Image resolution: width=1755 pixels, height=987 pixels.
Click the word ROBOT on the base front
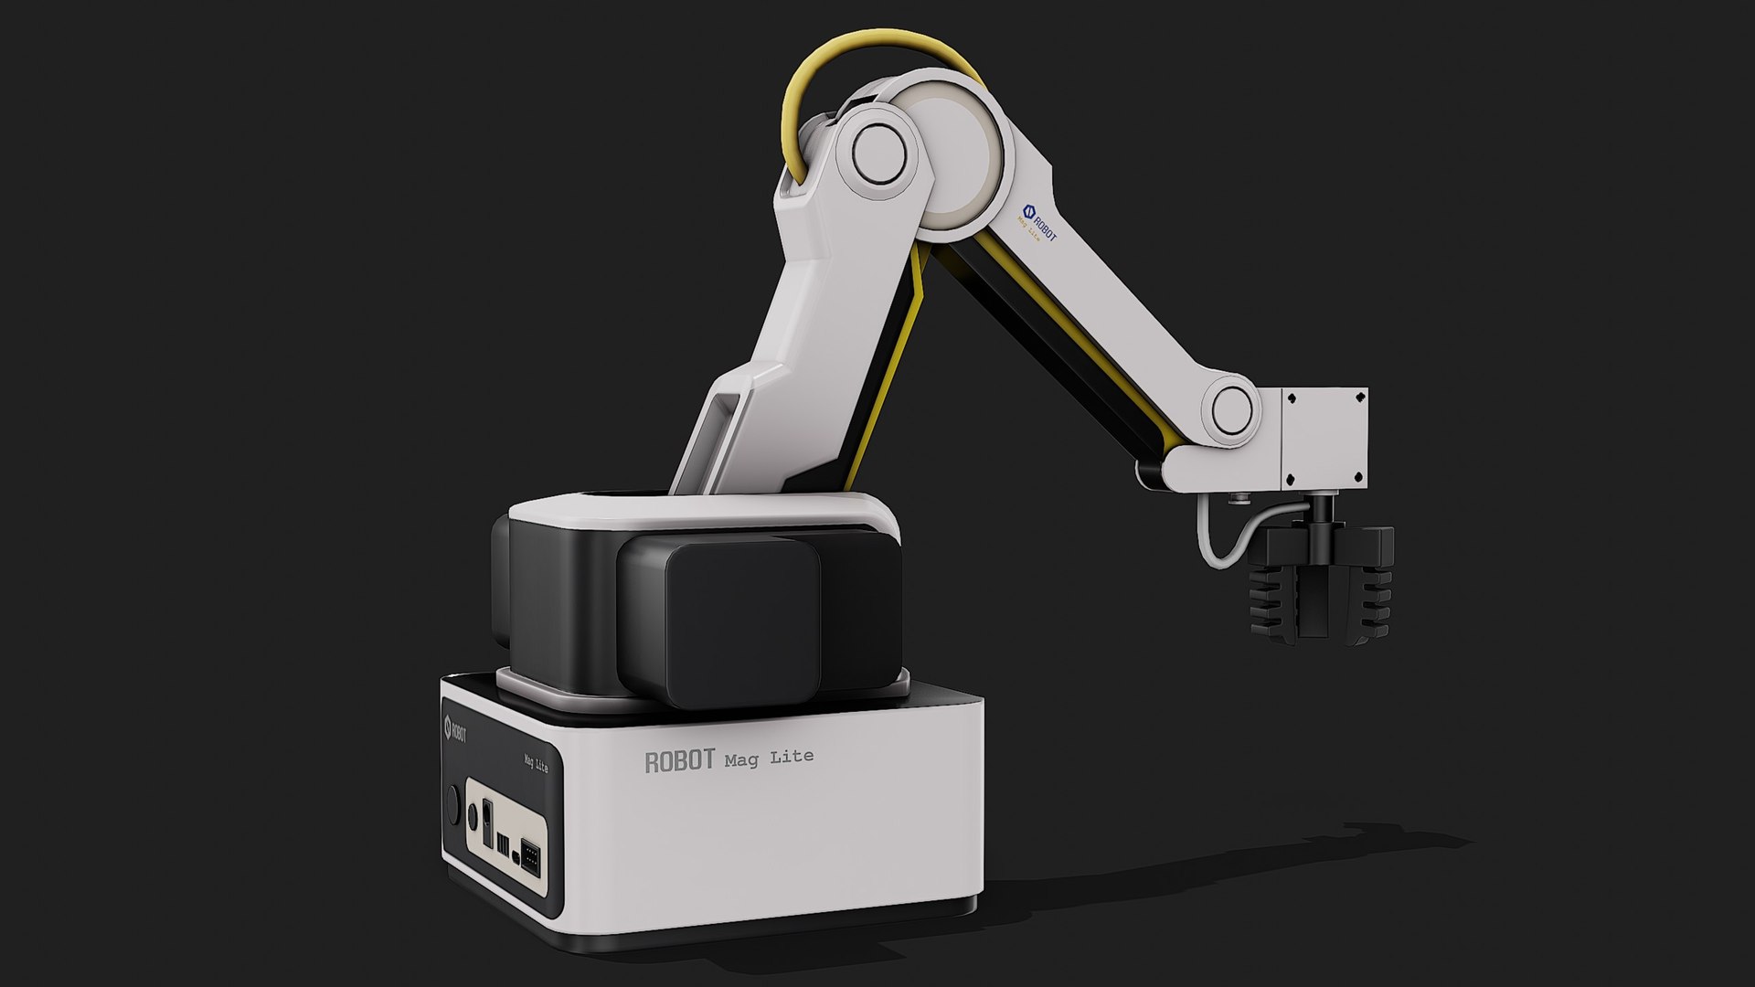pos(678,761)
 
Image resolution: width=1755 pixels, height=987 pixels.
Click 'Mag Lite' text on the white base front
pos(769,758)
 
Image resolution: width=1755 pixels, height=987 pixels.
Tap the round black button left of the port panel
pos(451,800)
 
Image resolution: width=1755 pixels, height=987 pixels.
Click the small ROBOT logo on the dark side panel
pos(454,729)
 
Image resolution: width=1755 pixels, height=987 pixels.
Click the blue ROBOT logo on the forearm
pos(1038,223)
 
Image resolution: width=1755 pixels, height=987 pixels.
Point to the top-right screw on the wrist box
pos(1358,399)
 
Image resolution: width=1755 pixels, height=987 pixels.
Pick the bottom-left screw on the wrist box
pos(1291,478)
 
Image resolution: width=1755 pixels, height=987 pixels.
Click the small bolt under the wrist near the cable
pos(1239,498)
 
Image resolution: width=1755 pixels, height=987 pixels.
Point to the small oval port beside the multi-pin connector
pos(516,858)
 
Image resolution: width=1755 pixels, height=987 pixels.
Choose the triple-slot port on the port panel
pos(503,839)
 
